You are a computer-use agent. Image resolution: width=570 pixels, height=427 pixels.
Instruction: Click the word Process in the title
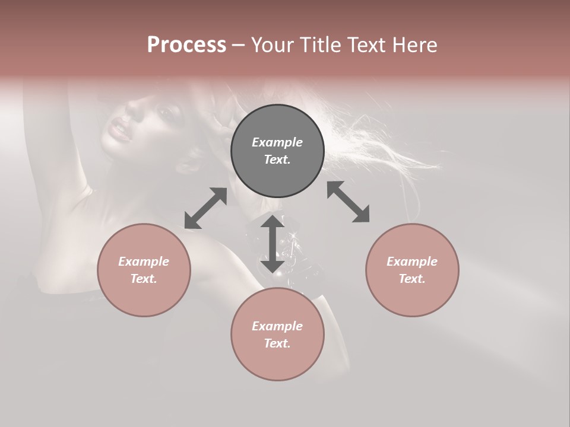pyautogui.click(x=186, y=44)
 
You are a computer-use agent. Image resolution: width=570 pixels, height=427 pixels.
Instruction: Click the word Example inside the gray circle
pyautogui.click(x=277, y=142)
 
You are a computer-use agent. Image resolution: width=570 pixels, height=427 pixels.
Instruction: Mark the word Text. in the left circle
pyautogui.click(x=144, y=279)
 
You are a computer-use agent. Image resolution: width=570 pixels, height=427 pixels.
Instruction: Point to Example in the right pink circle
pyautogui.click(x=412, y=262)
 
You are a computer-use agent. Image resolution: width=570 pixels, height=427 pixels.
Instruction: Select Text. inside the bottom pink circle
pyautogui.click(x=277, y=343)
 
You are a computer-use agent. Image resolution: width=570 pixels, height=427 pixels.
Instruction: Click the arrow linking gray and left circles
pyautogui.click(x=205, y=208)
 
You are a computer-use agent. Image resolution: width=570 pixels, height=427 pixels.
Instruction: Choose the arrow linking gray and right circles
pyautogui.click(x=348, y=202)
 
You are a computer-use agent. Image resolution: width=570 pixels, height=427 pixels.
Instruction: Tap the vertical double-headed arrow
pyautogui.click(x=273, y=244)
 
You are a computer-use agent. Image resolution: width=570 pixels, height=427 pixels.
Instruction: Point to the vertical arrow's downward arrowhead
pyautogui.click(x=273, y=266)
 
